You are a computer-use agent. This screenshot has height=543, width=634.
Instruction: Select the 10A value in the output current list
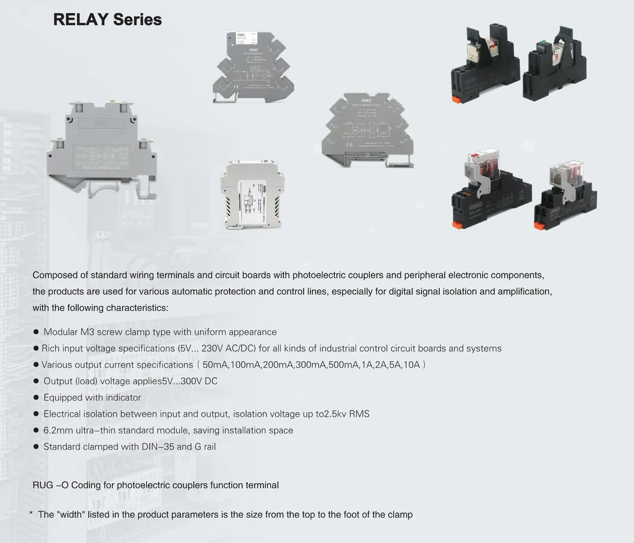pos(412,364)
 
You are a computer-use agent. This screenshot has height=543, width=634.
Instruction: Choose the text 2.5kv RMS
pos(347,414)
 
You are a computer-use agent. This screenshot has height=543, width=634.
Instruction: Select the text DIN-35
pos(167,447)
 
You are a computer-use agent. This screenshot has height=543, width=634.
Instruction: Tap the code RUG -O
pos(50,485)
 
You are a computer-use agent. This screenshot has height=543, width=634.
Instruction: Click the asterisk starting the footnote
pos(31,514)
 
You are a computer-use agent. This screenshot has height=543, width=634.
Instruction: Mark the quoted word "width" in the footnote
pos(69,514)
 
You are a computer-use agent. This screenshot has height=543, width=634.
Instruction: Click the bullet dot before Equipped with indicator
pos(36,397)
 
